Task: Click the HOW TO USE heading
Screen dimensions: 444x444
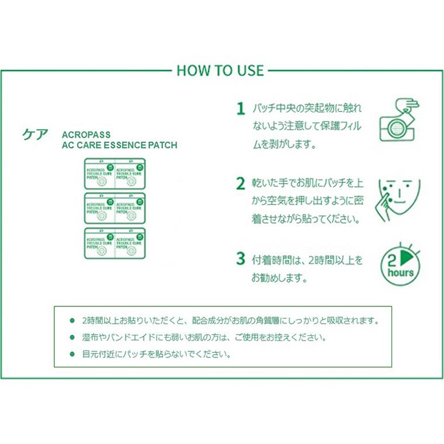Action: tap(220, 70)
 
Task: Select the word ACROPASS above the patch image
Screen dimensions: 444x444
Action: tap(86, 134)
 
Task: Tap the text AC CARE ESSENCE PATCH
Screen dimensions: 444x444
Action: tap(119, 145)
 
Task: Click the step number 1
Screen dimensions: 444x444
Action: tap(240, 109)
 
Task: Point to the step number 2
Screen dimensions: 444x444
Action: tap(240, 183)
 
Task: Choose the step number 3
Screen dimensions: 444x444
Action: tap(240, 258)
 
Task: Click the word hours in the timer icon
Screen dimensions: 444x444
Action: tap(400, 273)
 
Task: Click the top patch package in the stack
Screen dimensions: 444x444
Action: tap(115, 174)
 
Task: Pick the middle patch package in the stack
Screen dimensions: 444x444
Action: tap(115, 208)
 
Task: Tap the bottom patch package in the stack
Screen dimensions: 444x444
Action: tap(115, 243)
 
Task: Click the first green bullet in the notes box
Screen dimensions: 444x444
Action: tap(72, 321)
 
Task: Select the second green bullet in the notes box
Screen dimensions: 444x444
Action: tap(72, 338)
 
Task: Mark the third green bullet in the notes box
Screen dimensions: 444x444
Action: tap(72, 354)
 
